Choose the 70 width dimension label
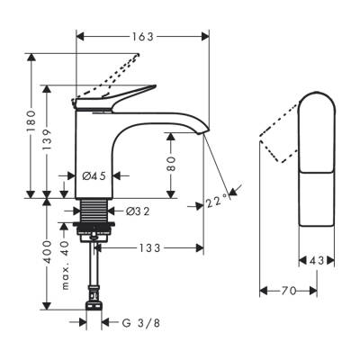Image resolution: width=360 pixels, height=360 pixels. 287,292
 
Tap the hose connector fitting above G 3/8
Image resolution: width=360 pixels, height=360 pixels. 94,296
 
